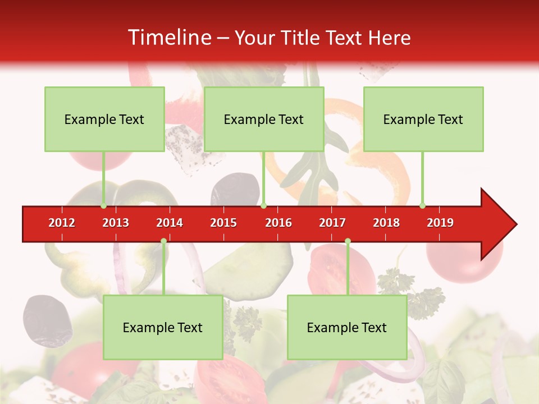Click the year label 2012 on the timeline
point(62,223)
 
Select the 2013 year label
point(116,223)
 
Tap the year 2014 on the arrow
point(170,223)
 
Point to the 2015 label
point(223,223)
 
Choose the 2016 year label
point(278,223)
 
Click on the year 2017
point(332,223)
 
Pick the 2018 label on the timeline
point(386,223)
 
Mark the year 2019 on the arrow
point(440,223)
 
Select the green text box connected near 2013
point(104,120)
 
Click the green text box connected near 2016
point(264,120)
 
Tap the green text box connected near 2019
point(423,120)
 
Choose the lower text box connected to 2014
point(163,328)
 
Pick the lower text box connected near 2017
point(347,328)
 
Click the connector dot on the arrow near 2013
point(104,206)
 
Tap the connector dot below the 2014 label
point(163,241)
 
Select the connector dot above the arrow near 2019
point(423,206)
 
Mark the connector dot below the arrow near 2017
point(348,241)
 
